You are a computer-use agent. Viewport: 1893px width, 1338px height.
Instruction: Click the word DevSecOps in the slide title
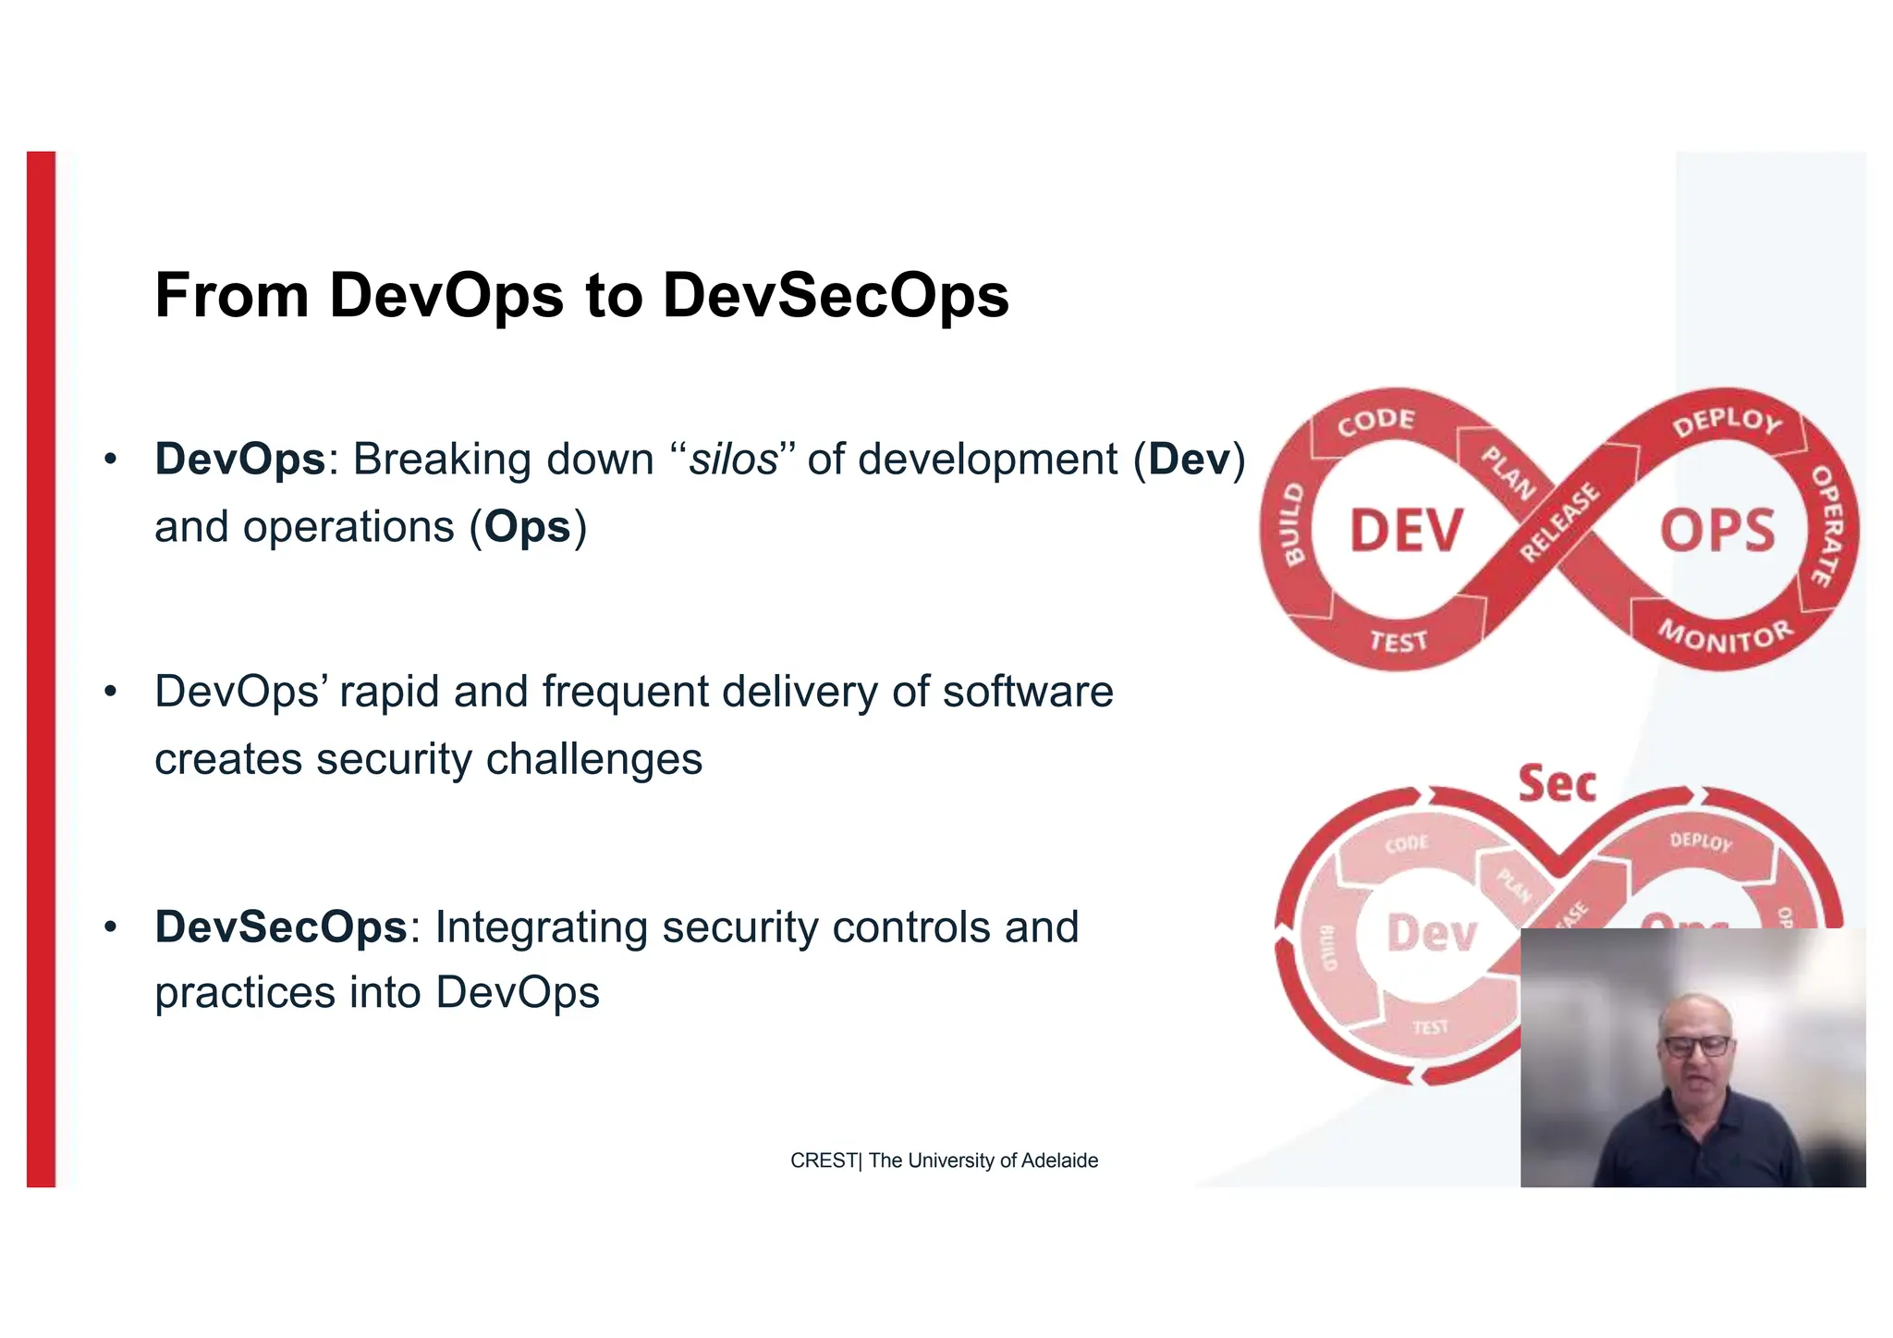click(835, 296)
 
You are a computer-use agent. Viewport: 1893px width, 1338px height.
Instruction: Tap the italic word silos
click(734, 460)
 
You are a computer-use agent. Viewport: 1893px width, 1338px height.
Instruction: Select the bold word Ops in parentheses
click(528, 527)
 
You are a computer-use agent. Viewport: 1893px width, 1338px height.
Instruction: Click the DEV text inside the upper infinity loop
click(1406, 531)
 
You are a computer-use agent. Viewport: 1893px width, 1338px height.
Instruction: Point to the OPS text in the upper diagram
click(1716, 531)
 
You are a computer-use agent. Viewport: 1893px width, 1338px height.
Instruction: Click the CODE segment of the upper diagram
click(1375, 422)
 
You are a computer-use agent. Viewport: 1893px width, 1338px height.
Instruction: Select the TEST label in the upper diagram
click(1398, 641)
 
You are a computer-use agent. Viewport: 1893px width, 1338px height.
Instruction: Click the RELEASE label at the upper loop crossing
click(1559, 522)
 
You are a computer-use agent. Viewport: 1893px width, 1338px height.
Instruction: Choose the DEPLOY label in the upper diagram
click(1726, 422)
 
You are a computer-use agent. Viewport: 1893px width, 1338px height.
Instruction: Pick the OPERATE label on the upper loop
click(1826, 525)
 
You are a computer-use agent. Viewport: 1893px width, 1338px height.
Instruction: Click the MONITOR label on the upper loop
click(1725, 636)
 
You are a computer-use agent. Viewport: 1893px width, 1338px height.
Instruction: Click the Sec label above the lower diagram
click(1557, 784)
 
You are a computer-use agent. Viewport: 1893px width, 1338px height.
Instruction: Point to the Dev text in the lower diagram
click(1432, 933)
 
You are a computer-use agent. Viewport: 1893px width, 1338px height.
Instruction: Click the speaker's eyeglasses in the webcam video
click(1696, 1046)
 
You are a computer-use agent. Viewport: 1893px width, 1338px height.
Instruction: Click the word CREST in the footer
click(823, 1160)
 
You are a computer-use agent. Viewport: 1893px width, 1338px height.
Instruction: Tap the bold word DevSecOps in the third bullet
click(281, 927)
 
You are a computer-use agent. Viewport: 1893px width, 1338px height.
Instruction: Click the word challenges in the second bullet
click(593, 759)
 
